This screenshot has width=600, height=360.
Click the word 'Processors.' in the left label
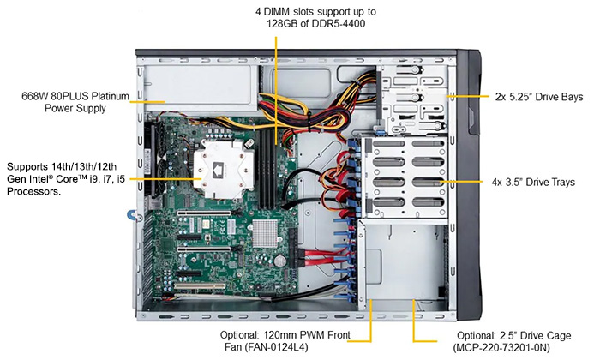(x=33, y=192)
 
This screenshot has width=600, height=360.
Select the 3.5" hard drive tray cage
(x=403, y=176)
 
